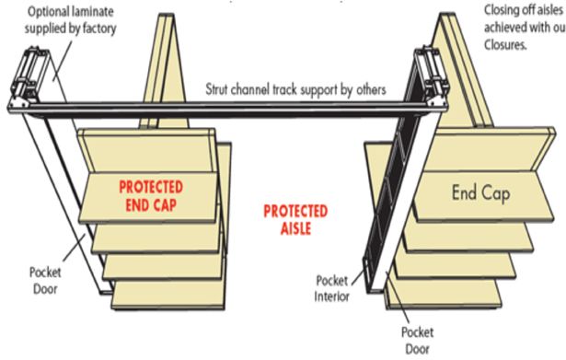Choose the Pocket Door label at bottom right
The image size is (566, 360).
[x=416, y=341]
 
